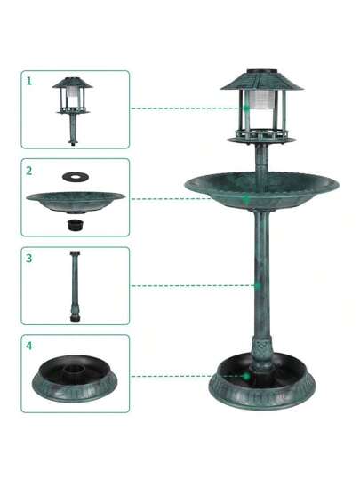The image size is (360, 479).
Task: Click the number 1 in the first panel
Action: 29,81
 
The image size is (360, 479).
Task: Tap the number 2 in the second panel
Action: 29,171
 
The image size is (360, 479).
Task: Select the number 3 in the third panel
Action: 28,258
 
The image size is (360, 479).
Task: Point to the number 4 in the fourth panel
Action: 28,346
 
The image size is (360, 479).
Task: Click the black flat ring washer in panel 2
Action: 76,176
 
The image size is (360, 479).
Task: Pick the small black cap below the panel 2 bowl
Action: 76,224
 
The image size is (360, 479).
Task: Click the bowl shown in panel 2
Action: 76,203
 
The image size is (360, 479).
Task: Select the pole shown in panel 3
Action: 75,286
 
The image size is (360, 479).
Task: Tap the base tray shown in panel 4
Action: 75,379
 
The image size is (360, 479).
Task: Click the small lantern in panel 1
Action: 72,110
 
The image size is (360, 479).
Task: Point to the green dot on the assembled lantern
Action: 246,108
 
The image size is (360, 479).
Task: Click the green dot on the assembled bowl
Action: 246,199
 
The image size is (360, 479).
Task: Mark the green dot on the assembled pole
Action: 258,286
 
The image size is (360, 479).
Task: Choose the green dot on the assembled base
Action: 246,377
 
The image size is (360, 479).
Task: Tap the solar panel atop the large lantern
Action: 262,71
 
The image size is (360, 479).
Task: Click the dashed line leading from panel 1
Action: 188,108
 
